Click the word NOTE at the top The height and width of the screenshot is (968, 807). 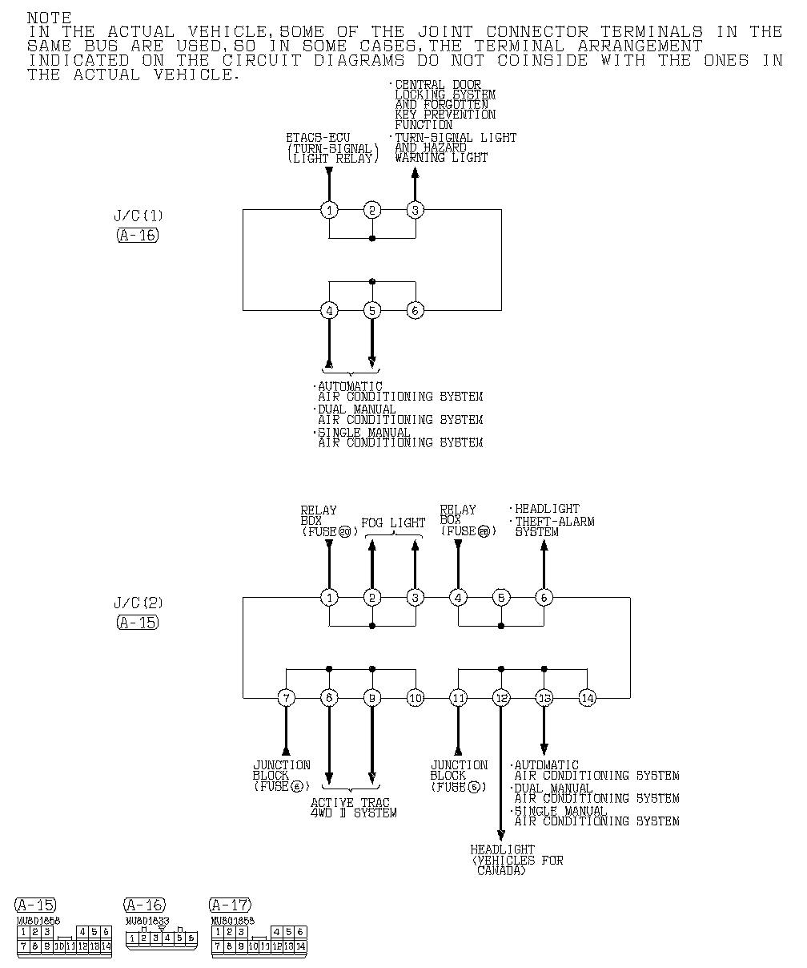(49, 18)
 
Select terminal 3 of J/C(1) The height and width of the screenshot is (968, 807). (415, 210)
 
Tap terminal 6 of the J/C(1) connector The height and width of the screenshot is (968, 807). (415, 310)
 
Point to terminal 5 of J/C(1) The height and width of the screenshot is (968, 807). (372, 310)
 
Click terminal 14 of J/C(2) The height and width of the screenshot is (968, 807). (587, 698)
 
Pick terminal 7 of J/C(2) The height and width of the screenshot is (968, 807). (286, 698)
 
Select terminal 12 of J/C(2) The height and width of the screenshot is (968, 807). (501, 698)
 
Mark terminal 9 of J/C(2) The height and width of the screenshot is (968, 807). (372, 698)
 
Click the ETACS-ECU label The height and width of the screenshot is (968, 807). (318, 138)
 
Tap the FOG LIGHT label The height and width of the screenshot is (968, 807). (393, 522)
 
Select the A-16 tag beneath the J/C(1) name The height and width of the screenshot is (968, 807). (137, 235)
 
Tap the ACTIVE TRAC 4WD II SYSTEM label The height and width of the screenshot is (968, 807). (353, 808)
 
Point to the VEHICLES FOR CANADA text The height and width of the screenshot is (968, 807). (518, 865)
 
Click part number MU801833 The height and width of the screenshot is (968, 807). (145, 921)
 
